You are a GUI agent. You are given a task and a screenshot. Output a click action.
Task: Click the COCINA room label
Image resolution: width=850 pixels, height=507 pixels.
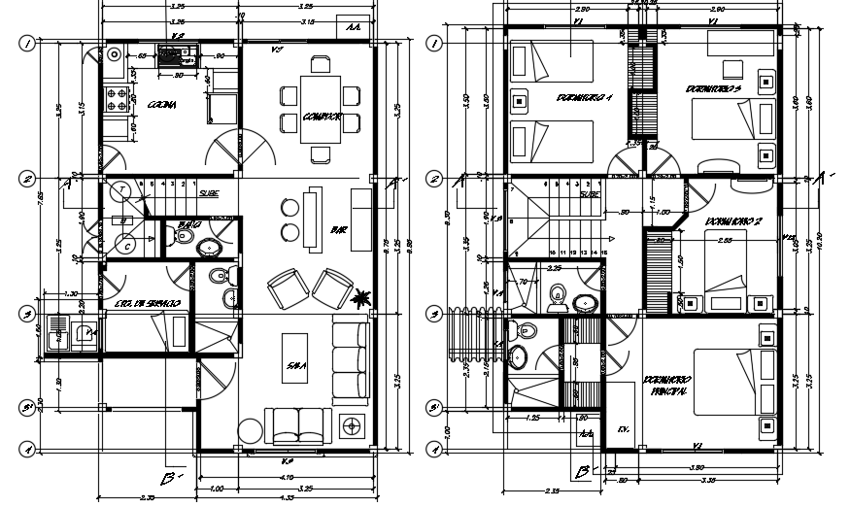[x=161, y=105]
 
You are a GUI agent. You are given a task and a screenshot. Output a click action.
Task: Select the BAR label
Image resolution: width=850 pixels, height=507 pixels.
[x=339, y=231]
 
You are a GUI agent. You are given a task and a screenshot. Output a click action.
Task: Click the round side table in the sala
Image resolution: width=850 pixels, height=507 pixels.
[x=249, y=428]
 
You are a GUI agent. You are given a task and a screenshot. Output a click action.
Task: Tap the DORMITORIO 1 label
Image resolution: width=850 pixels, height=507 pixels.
[x=585, y=98]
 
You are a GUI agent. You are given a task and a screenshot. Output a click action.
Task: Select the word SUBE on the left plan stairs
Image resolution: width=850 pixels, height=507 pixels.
[x=209, y=193]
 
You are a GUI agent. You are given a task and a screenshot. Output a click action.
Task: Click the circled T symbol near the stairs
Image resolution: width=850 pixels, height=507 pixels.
[x=123, y=189]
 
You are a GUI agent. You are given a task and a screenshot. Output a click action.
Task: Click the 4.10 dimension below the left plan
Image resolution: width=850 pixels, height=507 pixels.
[x=286, y=477]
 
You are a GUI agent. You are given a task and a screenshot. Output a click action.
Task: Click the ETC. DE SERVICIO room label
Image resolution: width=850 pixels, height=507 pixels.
[x=146, y=304]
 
